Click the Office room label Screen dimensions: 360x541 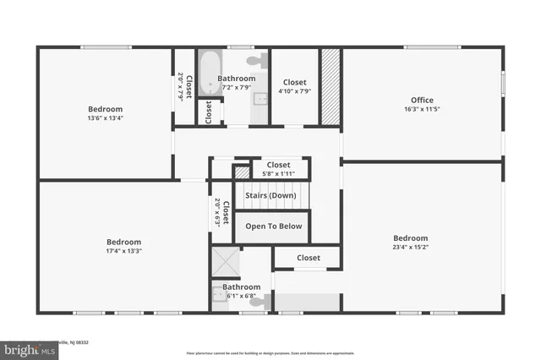pos(422,101)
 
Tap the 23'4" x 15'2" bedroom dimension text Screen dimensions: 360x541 pos(410,248)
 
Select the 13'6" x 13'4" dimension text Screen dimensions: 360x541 pos(106,118)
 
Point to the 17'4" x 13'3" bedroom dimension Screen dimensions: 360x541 pos(123,251)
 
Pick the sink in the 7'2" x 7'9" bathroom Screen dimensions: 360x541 pos(260,99)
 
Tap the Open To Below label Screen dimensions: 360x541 pos(273,226)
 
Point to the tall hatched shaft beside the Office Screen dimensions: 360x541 pos(329,87)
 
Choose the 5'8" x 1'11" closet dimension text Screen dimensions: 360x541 pos(278,174)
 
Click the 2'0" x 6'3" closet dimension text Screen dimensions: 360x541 pos(217,213)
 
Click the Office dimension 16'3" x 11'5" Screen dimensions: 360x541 pos(422,109)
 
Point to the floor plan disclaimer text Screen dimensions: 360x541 pos(271,353)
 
